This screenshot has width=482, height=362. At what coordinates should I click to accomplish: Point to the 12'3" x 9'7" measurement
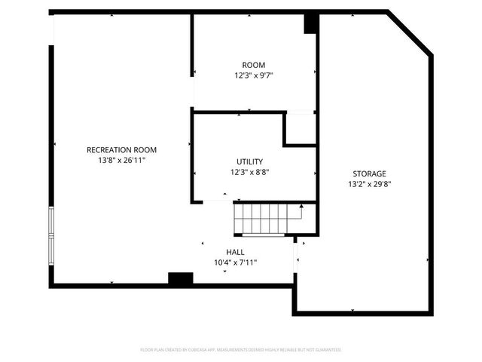point(253,76)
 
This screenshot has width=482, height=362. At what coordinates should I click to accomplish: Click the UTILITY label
point(249,161)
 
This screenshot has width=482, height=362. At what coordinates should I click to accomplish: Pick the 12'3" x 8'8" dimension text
point(249,173)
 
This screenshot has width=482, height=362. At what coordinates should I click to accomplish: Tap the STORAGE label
point(368,173)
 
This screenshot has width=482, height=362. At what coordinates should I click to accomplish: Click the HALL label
point(235,252)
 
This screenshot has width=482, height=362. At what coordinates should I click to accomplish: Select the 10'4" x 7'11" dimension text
point(235,263)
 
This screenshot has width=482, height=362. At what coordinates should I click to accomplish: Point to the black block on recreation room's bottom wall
point(180,279)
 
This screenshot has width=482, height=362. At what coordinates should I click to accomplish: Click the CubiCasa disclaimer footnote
point(241,350)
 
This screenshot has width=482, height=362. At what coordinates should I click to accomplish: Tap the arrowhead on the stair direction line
point(301,207)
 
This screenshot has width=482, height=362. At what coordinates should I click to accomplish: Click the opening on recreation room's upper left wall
point(52,30)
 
